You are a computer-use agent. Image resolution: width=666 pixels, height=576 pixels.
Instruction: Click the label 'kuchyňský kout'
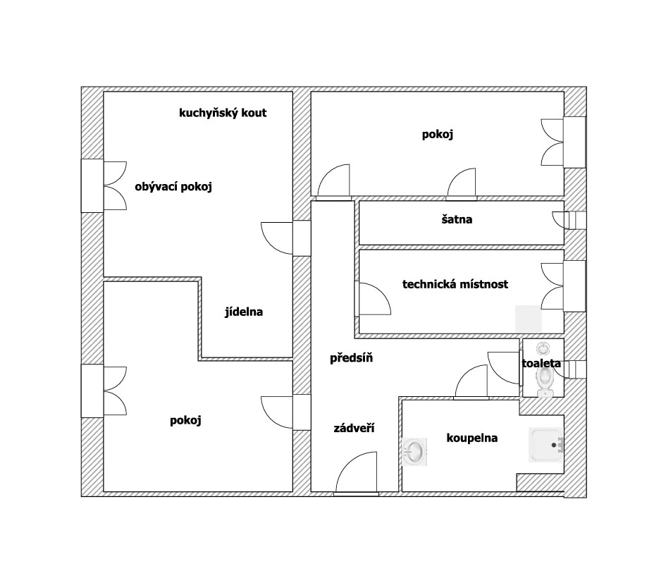click(223, 113)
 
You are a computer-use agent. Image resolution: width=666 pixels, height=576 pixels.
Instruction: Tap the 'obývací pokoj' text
click(173, 187)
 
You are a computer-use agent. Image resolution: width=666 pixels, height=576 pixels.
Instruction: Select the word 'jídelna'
click(244, 312)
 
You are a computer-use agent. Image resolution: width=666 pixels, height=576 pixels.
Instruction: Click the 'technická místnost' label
click(455, 285)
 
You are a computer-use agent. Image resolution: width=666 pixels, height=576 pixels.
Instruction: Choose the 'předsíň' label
click(351, 358)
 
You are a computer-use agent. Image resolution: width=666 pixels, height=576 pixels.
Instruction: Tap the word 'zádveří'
click(354, 428)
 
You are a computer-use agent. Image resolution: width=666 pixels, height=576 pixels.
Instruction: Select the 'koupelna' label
click(471, 438)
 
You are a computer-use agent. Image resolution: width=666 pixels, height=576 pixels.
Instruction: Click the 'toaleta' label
click(541, 364)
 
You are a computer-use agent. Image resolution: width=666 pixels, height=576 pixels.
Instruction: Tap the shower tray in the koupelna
click(546, 446)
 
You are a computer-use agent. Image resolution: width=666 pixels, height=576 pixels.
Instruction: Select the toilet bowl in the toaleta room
click(544, 381)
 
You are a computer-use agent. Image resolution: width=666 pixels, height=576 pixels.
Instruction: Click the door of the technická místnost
click(374, 298)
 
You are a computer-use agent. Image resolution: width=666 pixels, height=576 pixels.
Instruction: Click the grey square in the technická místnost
click(529, 318)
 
